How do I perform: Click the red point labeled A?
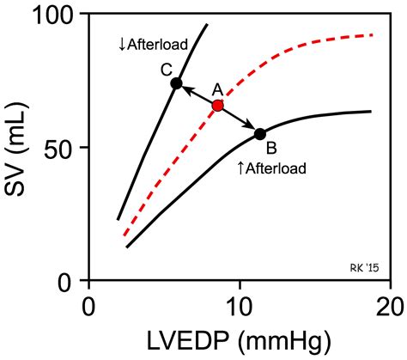pos(217,106)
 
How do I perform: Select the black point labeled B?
pos(260,133)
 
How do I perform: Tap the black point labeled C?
pos(176,83)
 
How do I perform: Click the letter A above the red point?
pos(217,88)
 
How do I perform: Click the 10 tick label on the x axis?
pos(240,306)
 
